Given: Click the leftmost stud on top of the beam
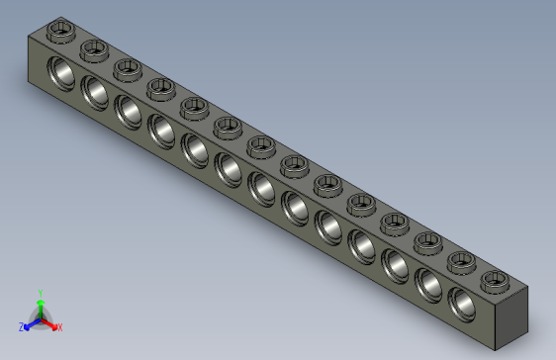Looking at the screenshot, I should (62, 30).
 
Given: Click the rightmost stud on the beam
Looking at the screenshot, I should (493, 280).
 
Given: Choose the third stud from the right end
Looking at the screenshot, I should (426, 241).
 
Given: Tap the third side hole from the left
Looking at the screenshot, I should (128, 111).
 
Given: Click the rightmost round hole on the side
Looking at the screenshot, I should (463, 304).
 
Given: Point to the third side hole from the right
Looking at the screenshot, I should (396, 265).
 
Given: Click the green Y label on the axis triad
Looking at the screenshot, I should (40, 293).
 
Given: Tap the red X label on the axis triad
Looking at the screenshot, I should (59, 326).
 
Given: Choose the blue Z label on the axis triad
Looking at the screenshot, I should (22, 326).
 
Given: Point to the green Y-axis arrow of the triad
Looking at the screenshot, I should (40, 305).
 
